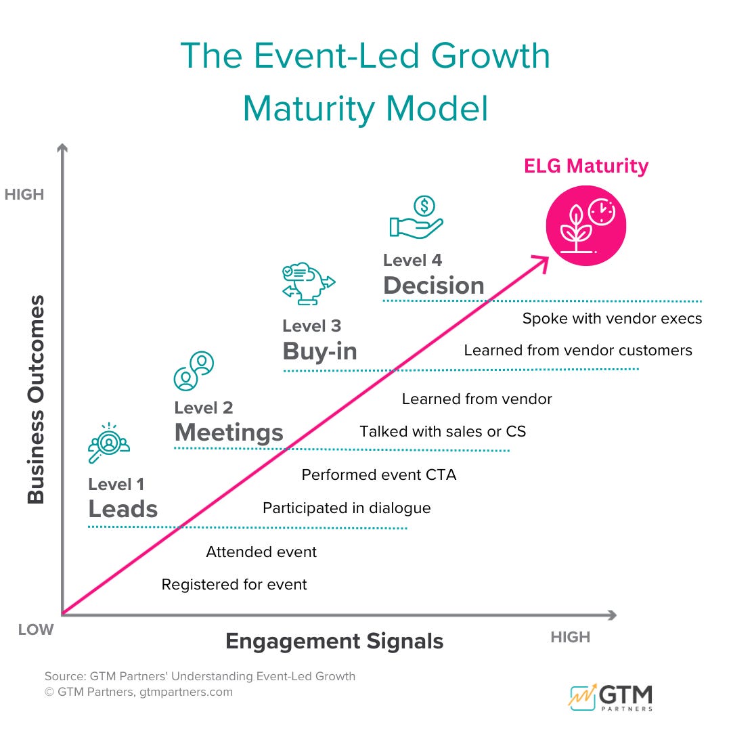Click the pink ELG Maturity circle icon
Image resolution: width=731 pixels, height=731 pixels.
click(586, 227)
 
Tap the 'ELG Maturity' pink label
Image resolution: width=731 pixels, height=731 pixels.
click(586, 166)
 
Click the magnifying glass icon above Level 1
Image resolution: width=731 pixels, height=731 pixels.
click(108, 443)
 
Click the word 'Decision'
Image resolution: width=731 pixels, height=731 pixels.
click(434, 286)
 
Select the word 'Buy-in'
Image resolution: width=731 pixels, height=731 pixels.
click(319, 351)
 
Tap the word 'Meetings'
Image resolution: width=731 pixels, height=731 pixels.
click(229, 432)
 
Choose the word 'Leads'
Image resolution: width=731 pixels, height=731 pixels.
click(123, 509)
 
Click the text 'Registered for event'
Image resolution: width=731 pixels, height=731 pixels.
click(234, 585)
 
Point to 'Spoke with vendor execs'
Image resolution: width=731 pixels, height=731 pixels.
click(612, 318)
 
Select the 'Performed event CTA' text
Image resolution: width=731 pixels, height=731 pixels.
click(379, 475)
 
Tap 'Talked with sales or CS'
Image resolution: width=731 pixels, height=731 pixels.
click(443, 432)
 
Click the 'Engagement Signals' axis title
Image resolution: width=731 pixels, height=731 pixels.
click(334, 641)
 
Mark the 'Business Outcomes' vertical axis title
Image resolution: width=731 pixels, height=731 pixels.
click(36, 399)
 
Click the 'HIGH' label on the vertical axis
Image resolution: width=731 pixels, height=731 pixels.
click(24, 195)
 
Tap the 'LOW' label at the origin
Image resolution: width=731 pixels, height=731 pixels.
click(35, 630)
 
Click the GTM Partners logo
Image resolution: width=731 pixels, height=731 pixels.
click(611, 697)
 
